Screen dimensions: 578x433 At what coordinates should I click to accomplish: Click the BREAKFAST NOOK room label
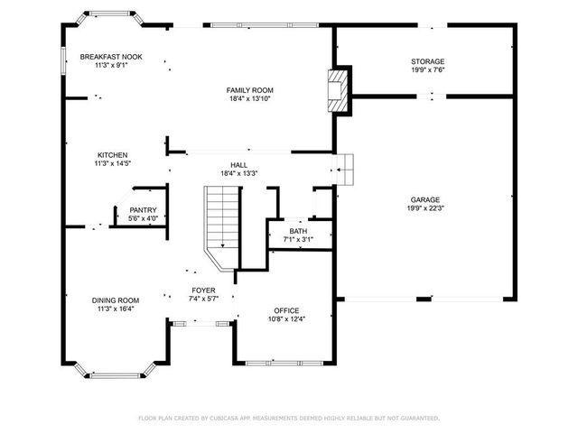point(111,57)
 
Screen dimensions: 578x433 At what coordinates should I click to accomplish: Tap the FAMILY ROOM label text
point(250,90)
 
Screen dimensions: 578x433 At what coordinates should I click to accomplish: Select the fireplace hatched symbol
point(338,90)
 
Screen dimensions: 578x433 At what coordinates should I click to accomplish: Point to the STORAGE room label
point(427,61)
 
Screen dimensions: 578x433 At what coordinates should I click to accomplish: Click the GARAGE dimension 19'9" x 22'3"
point(425,208)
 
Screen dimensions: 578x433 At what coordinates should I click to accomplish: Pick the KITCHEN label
point(112,155)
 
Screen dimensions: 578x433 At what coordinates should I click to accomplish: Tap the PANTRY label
point(143,210)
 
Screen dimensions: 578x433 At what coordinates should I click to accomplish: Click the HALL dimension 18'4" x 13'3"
point(238,173)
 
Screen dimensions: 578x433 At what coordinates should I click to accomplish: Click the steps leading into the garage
point(343,170)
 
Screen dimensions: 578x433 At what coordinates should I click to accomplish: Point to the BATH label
point(298,231)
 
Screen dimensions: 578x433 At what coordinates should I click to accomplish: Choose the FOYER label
point(203,290)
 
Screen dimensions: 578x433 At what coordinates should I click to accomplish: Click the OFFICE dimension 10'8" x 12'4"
point(286,319)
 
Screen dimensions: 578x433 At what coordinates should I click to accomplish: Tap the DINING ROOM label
point(116,300)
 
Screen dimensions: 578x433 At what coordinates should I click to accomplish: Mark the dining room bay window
point(115,371)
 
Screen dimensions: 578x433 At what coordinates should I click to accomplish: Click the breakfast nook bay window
point(110,16)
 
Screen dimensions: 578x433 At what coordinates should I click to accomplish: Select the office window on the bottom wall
point(284,364)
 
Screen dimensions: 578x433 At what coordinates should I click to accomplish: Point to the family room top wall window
point(265,25)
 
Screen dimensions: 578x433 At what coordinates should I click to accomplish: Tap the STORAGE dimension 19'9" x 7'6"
point(427,69)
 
